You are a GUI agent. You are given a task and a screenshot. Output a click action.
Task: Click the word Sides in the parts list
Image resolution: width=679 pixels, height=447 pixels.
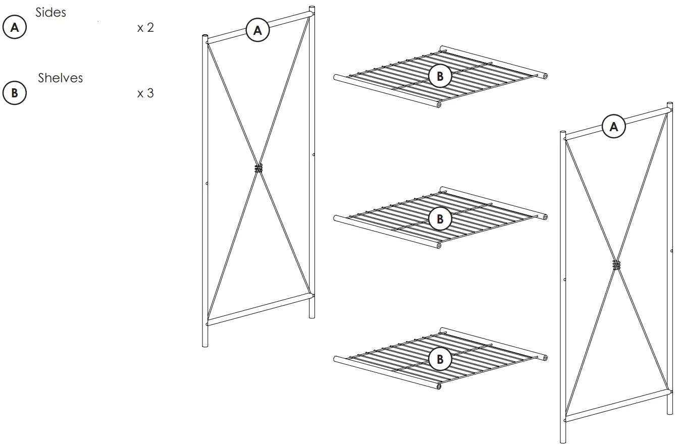[x=50, y=13]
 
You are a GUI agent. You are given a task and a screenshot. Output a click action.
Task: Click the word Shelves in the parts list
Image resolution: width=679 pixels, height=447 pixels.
[x=60, y=78]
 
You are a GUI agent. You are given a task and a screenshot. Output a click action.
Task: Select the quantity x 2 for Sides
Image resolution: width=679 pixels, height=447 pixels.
[x=145, y=28]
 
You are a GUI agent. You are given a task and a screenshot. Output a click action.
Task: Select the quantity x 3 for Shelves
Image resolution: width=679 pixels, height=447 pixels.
[x=145, y=93]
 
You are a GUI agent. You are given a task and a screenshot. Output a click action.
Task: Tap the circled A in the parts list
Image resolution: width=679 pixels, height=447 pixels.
[x=14, y=28]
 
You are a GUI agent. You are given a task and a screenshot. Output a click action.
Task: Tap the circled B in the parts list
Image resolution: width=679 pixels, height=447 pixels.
[x=14, y=93]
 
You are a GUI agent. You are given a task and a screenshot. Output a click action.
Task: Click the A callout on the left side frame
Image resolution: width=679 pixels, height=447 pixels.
[x=257, y=31]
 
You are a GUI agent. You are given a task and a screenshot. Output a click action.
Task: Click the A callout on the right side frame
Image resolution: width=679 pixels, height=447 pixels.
[x=614, y=127]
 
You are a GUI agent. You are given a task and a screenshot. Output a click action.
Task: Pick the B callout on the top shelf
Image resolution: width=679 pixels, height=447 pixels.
[x=440, y=77]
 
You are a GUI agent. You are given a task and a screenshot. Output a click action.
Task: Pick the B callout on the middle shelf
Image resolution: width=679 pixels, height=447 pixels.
[x=440, y=219]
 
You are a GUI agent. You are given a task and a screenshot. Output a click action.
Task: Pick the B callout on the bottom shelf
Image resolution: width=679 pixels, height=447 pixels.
[x=440, y=359]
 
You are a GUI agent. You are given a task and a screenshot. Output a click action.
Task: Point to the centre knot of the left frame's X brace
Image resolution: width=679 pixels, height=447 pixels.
[x=258, y=169]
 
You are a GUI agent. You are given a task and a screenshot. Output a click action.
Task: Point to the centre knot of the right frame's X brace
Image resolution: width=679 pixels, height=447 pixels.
[x=616, y=264]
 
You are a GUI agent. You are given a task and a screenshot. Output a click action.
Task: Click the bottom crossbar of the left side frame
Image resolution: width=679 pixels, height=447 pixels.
[x=259, y=308]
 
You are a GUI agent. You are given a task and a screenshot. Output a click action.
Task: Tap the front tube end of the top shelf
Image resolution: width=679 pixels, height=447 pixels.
[x=439, y=105]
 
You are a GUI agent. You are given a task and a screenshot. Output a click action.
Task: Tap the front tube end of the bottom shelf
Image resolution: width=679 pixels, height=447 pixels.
[x=439, y=387]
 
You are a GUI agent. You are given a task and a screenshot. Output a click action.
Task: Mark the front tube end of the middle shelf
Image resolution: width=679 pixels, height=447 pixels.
[x=439, y=247]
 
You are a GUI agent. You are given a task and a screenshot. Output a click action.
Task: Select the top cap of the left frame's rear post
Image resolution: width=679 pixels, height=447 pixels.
[x=311, y=8]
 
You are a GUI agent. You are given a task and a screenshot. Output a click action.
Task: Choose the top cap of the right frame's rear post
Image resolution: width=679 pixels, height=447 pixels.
[x=669, y=105]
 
